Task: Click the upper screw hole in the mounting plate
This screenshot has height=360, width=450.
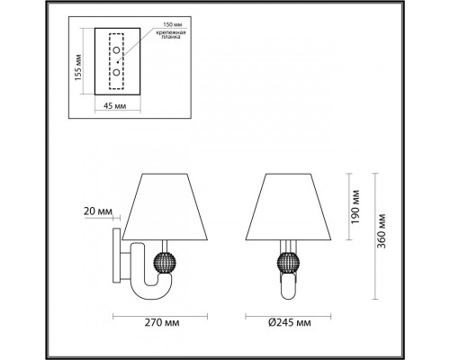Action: coord(115,49)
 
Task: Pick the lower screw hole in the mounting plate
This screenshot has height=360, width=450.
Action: coord(115,70)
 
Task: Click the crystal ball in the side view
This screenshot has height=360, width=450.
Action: coord(166,263)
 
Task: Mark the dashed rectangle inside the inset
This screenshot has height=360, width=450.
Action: coord(115,61)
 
